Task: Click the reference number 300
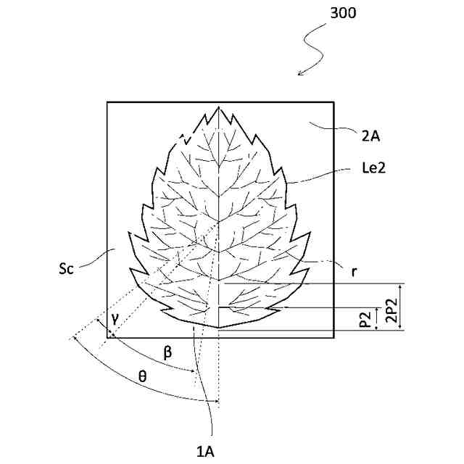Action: [343, 14]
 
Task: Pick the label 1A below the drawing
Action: [205, 451]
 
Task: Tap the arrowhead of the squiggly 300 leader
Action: [298, 74]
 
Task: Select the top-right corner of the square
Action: [333, 102]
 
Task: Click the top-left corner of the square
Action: [107, 102]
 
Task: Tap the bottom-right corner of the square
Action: [333, 336]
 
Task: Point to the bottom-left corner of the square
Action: [107, 336]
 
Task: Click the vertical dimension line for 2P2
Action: [401, 307]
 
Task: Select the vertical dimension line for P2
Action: [377, 319]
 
